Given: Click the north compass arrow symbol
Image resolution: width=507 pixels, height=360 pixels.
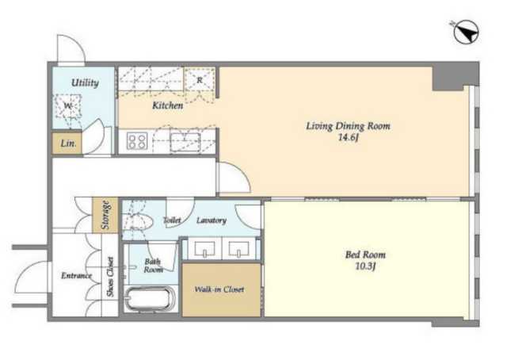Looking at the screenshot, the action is (466, 32).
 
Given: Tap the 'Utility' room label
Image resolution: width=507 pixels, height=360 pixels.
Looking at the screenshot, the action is (85, 82).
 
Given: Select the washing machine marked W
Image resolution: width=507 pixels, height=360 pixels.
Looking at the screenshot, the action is (68, 106).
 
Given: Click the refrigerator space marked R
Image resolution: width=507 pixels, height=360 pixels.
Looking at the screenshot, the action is (200, 79).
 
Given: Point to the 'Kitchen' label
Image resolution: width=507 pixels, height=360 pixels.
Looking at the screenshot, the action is (167, 105).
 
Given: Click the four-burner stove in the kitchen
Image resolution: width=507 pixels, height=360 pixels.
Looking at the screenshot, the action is (136, 141).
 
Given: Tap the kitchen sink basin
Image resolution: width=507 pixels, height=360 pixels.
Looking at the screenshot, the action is (185, 142).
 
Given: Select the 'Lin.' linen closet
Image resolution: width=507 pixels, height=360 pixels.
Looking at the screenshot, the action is (67, 143).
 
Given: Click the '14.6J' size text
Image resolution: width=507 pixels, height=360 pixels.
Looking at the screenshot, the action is (348, 138).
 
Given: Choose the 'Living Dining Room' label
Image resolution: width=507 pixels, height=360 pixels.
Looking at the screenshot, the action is (348, 125).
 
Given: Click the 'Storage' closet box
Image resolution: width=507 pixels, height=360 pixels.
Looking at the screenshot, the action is (105, 216).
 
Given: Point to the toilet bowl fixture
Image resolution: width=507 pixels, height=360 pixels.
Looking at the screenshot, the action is (139, 221).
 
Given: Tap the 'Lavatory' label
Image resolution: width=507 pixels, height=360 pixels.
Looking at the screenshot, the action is (212, 220).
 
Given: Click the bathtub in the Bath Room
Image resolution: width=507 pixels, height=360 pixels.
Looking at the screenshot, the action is (151, 298).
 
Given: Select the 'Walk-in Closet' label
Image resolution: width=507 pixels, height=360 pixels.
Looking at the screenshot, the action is (219, 289).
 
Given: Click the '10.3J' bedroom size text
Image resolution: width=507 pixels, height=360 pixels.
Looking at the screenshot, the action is (365, 266).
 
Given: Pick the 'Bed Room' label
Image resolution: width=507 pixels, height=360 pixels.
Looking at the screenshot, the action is (365, 255).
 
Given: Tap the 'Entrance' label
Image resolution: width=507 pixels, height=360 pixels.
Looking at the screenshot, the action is (77, 275).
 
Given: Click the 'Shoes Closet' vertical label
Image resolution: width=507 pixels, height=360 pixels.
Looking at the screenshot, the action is (110, 277).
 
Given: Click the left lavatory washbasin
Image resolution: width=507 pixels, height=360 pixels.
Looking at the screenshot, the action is (204, 249).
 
